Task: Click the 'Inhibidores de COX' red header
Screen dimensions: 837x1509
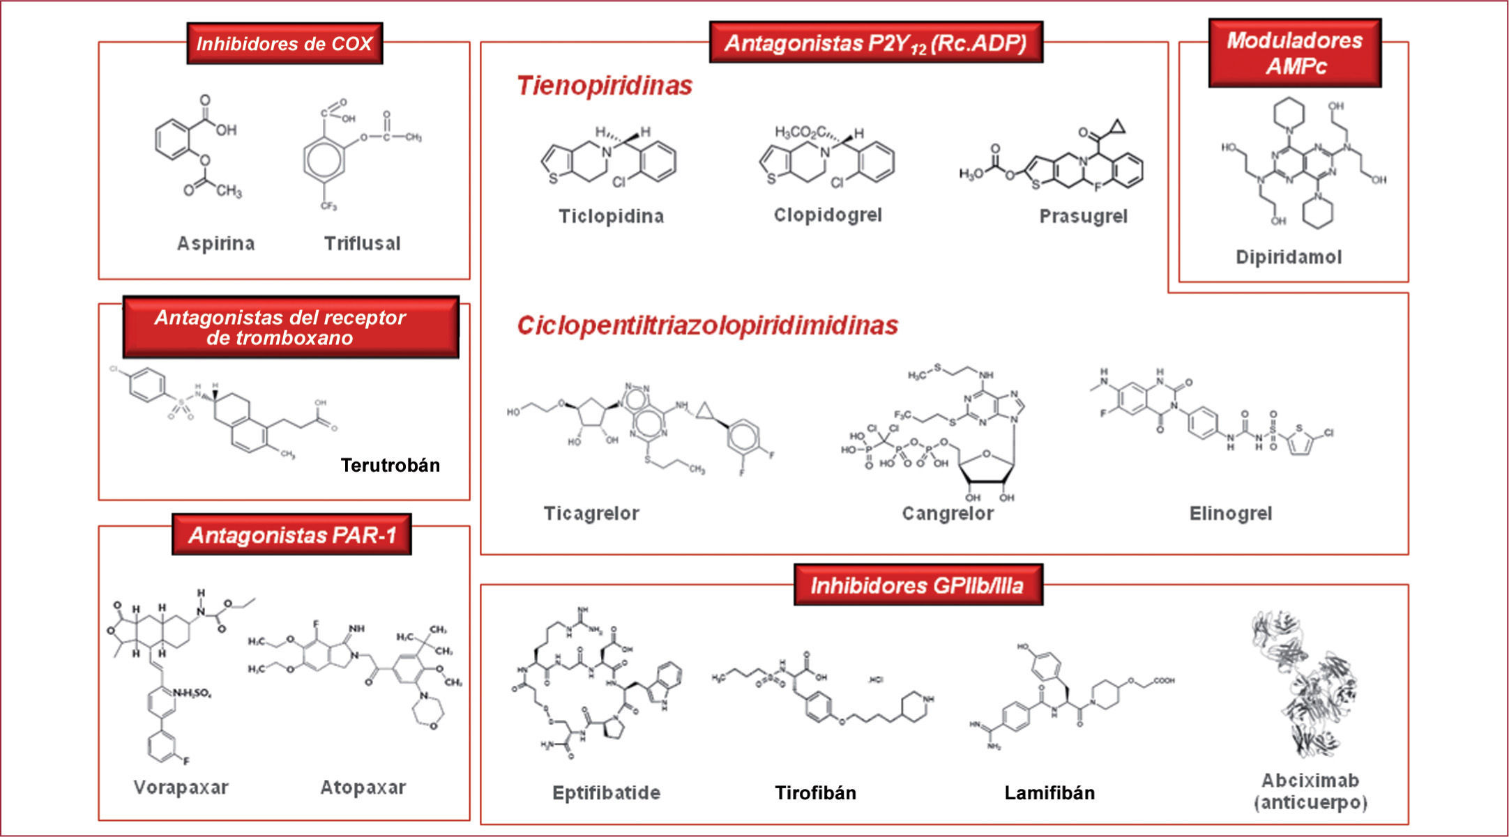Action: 285,44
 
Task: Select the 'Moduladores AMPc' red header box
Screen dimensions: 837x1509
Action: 1294,53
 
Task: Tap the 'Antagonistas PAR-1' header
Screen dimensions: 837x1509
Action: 291,535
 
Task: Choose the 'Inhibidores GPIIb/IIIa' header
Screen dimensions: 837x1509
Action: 918,585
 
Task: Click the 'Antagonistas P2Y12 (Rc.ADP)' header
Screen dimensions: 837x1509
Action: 876,43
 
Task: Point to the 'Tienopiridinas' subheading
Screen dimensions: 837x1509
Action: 604,86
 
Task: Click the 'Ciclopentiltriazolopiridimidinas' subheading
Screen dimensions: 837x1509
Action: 707,325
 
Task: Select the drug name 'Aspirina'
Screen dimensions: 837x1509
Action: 215,243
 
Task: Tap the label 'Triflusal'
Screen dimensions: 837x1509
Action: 362,243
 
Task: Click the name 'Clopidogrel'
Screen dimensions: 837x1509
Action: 828,215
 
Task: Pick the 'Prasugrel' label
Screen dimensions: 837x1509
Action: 1083,216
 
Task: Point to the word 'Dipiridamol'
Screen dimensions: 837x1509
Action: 1288,257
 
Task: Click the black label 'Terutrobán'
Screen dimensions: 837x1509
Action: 390,465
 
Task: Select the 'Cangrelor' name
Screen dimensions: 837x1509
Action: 948,514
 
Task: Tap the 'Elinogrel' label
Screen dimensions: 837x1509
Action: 1230,514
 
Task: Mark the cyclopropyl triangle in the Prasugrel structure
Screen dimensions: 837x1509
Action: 1116,127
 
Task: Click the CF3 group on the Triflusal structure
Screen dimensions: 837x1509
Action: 328,206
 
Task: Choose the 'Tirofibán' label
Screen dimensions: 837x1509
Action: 815,792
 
